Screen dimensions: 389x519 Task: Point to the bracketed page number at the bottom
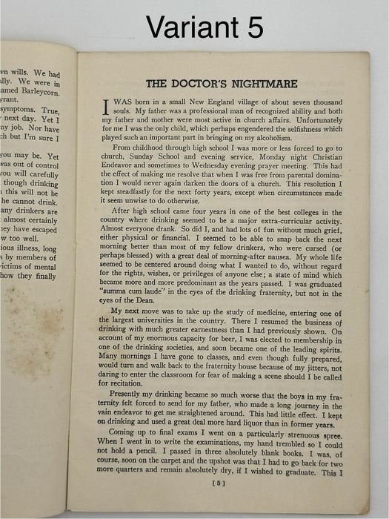(x=219, y=483)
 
